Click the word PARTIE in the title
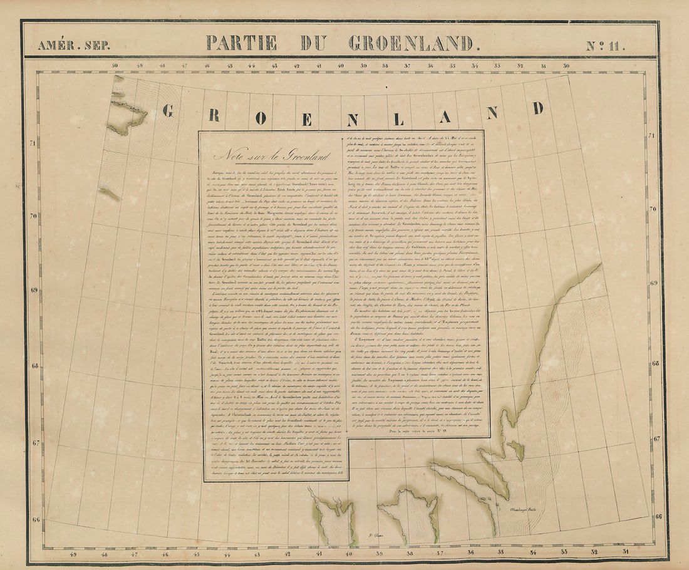(241, 43)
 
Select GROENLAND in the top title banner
(411, 43)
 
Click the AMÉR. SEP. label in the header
(63, 45)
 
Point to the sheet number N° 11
(606, 45)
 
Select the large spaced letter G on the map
(168, 111)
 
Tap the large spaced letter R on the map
(214, 115)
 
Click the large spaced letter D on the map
(537, 107)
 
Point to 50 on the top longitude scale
(115, 65)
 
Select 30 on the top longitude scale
(566, 65)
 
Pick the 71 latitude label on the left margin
(33, 143)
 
